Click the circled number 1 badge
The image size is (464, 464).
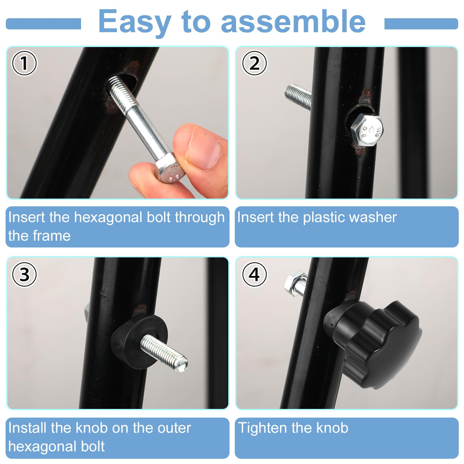point(24,63)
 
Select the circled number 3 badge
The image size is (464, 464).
point(24,274)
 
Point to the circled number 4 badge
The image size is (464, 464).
point(254,274)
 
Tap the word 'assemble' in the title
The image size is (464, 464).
point(293,21)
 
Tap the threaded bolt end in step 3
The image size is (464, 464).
point(164,353)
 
